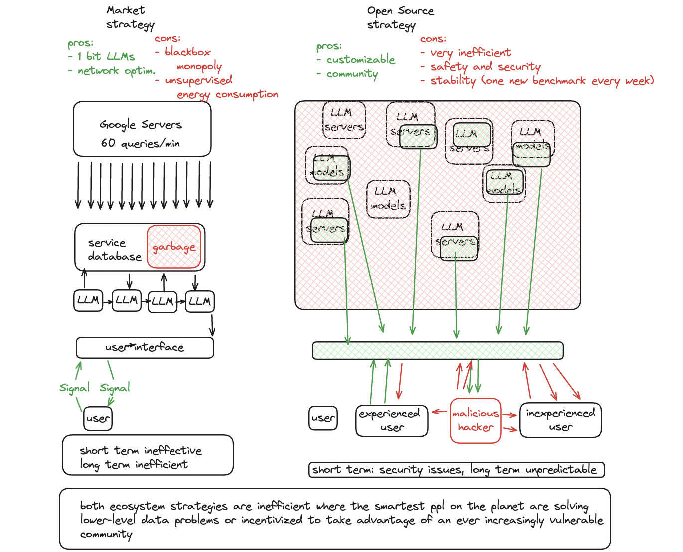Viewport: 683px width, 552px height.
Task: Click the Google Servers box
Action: (142, 129)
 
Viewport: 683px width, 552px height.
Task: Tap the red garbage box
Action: (174, 247)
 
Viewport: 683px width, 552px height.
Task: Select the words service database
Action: (115, 249)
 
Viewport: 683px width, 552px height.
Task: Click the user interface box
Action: (145, 348)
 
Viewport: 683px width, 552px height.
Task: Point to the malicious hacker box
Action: (475, 420)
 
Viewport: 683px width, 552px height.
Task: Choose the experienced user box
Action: (392, 420)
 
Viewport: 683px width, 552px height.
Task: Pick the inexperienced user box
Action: (560, 420)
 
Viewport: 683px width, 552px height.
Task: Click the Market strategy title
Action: (130, 17)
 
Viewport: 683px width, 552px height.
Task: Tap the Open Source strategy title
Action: (400, 18)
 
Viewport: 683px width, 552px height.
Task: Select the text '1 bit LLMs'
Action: (106, 56)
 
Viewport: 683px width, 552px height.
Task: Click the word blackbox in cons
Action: (187, 52)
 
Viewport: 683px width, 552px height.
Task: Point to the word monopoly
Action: (199, 66)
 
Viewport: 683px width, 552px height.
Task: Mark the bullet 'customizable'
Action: (360, 60)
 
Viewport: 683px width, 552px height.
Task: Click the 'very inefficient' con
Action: (470, 52)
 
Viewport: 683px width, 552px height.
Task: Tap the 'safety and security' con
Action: (485, 66)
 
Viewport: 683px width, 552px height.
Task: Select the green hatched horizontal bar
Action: (437, 350)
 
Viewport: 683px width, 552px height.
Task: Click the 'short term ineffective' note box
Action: (148, 455)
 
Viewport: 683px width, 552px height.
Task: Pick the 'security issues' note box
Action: (456, 470)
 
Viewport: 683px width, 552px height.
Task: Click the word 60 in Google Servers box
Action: (108, 143)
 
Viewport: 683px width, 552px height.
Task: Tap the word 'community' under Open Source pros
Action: (352, 74)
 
